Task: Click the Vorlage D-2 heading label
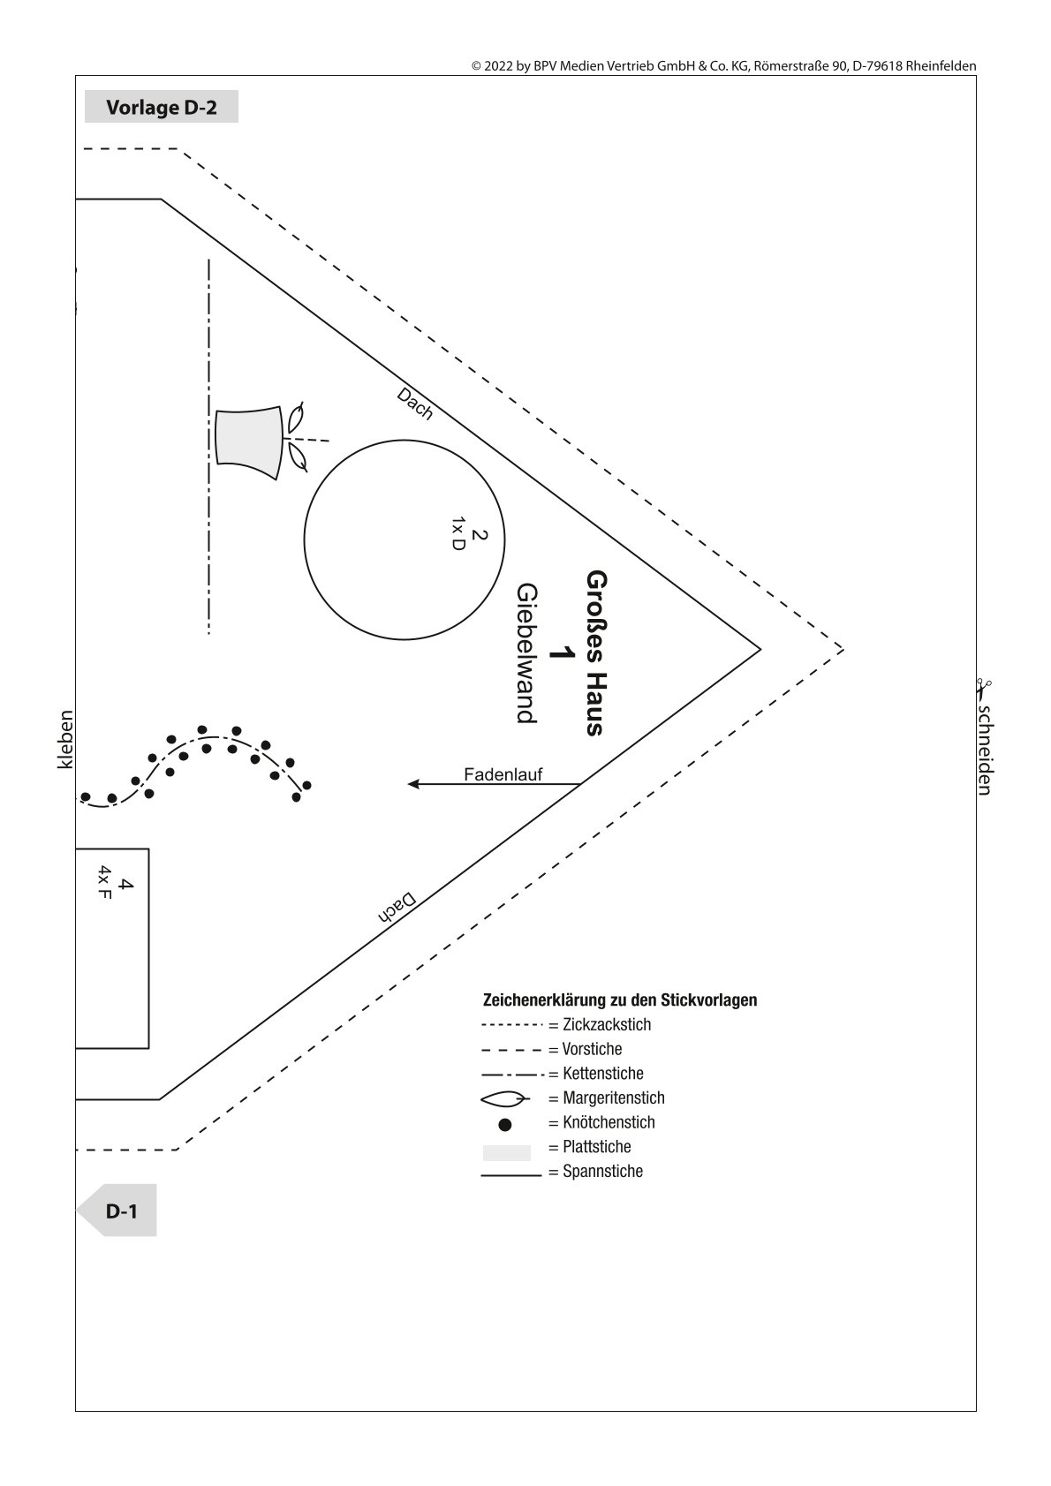tap(162, 107)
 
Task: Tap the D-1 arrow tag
tap(117, 1211)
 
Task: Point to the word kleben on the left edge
tap(65, 739)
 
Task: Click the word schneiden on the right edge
tap(986, 750)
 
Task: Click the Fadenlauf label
tap(503, 774)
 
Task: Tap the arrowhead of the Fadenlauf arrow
tap(412, 784)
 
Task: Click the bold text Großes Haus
tap(596, 652)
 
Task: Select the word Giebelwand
tap(526, 652)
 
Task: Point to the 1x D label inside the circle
tap(458, 534)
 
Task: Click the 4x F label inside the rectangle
tap(105, 882)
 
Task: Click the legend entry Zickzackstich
tap(607, 1024)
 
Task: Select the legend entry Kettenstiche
tap(602, 1073)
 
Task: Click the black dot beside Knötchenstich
tap(505, 1125)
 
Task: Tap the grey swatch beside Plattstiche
tap(506, 1152)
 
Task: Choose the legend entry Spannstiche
tap(602, 1171)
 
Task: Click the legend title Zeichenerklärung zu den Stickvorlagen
tap(620, 999)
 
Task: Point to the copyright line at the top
tap(724, 65)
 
